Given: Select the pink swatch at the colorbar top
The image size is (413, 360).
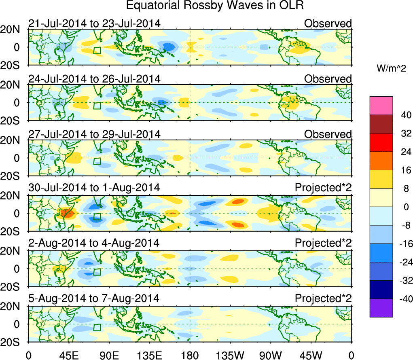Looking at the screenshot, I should tap(381, 106).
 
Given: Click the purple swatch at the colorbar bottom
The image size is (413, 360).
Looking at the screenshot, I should tap(381, 308).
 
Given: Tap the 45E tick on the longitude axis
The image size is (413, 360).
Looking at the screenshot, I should tap(68, 355).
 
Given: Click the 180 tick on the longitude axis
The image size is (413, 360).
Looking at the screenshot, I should tap(190, 355).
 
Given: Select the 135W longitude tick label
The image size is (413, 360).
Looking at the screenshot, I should tap(230, 355).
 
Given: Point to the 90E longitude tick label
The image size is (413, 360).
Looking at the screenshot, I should tap(109, 355).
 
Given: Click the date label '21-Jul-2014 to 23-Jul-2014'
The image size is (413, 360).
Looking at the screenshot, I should tap(94, 23).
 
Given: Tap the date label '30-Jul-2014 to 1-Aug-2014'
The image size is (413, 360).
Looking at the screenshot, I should tap(94, 188).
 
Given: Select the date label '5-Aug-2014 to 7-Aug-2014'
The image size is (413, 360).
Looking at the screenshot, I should tap(94, 299).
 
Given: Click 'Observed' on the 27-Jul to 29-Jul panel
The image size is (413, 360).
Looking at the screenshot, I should tap(328, 134).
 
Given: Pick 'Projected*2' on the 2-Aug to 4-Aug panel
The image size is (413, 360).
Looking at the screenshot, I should tap(323, 243).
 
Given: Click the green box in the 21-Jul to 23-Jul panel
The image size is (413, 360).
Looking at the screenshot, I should tap(97, 50).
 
